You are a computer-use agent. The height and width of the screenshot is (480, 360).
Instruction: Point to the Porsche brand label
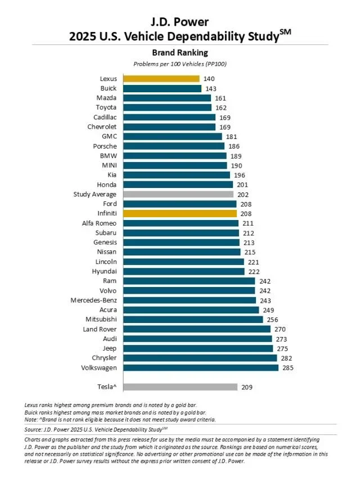click(x=105, y=146)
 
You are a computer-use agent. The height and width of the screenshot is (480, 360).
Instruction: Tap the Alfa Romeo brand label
click(x=99, y=223)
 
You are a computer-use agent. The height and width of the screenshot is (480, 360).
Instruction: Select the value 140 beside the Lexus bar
click(x=209, y=79)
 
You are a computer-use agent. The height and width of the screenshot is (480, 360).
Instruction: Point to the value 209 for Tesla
click(x=247, y=387)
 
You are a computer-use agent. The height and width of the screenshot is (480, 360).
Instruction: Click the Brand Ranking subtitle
click(x=179, y=53)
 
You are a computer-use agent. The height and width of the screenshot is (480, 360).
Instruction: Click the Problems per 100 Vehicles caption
click(x=179, y=64)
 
